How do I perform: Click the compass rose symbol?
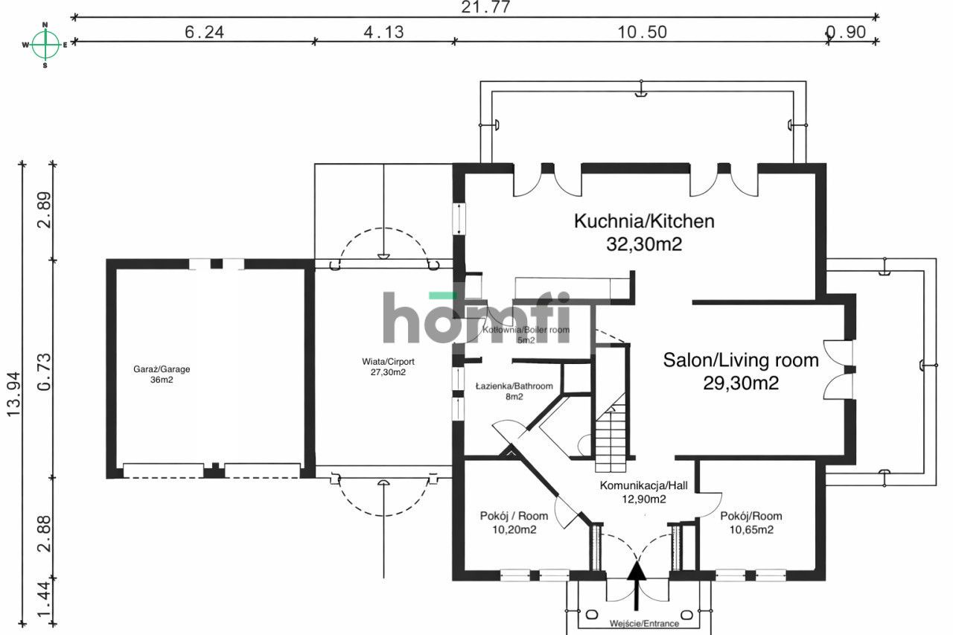(45, 45)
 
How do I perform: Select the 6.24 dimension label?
(204, 32)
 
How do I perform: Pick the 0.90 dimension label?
(846, 32)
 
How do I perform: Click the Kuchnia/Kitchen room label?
(644, 221)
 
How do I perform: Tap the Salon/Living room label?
(741, 361)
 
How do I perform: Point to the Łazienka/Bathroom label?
(514, 386)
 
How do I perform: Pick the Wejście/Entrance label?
(644, 623)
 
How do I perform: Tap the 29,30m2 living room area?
(741, 383)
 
